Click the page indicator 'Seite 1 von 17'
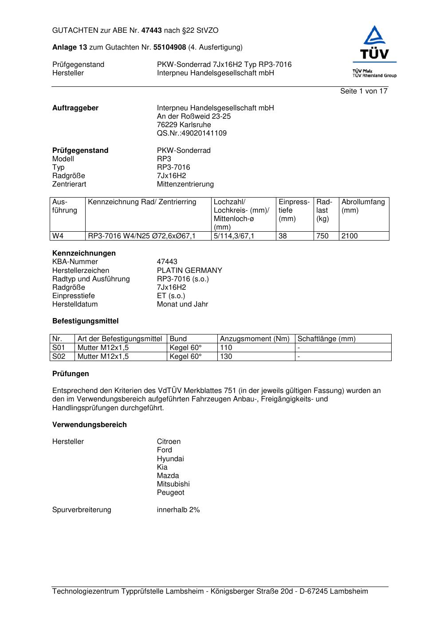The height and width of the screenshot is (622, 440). pyautogui.click(x=364, y=91)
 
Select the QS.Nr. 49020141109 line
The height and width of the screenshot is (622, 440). pyautogui.click(x=192, y=133)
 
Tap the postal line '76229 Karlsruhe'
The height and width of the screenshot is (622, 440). pyautogui.click(x=184, y=125)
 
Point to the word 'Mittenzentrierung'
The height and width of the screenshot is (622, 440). pyautogui.click(x=185, y=184)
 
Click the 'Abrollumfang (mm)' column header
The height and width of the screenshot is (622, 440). pyautogui.click(x=363, y=206)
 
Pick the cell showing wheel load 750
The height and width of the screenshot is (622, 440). pyautogui.click(x=322, y=236)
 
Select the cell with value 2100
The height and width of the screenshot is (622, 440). pyautogui.click(x=350, y=236)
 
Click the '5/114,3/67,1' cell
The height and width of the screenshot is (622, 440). pyautogui.click(x=234, y=236)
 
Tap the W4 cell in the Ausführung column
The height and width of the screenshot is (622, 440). pyautogui.click(x=58, y=236)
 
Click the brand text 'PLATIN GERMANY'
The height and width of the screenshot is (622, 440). pyautogui.click(x=189, y=271)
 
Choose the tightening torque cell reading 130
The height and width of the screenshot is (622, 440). pyautogui.click(x=226, y=357)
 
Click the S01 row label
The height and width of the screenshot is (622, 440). pyautogui.click(x=59, y=348)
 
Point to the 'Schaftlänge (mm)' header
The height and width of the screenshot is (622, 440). pyautogui.click(x=326, y=339)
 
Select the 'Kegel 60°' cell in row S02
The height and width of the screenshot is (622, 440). pyautogui.click(x=185, y=357)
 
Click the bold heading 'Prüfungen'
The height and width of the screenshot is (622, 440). pyautogui.click(x=71, y=374)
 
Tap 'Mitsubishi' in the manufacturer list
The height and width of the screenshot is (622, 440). pyautogui.click(x=173, y=484)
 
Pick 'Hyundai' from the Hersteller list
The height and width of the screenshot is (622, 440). pyautogui.click(x=170, y=459)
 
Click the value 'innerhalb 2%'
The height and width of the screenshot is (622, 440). pyautogui.click(x=178, y=510)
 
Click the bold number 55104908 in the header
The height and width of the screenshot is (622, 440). pyautogui.click(x=169, y=47)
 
